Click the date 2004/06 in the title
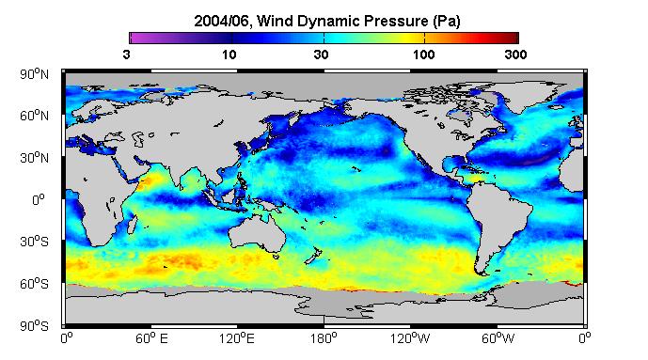(221, 21)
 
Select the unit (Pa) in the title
(447, 21)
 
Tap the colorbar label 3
(126, 55)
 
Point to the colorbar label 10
(229, 55)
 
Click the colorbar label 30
(321, 55)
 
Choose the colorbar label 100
(423, 55)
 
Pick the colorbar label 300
(515, 55)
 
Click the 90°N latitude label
(34, 74)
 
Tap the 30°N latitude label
(34, 158)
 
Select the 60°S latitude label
(34, 284)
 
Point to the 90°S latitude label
(34, 326)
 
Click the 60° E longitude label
(151, 338)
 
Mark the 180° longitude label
(324, 338)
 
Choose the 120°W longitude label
(410, 338)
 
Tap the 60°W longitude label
(498, 338)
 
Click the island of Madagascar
(132, 223)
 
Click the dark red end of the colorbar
(513, 38)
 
